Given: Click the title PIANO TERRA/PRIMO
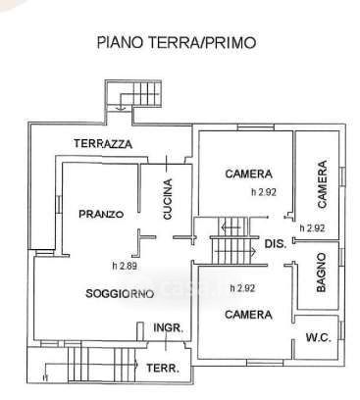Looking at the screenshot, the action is click(177, 42).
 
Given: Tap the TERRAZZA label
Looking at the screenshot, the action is click(103, 144).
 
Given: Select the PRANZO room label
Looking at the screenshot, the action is click(101, 214).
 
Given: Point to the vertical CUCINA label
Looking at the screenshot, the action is click(168, 199).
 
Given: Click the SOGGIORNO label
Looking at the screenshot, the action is click(120, 293).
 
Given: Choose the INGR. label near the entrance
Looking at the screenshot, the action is click(168, 327).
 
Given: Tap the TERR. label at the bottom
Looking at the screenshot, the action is click(163, 369).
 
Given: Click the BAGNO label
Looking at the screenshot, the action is click(322, 273).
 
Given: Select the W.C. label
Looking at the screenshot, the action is click(318, 337).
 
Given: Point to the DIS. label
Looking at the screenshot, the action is click(276, 243).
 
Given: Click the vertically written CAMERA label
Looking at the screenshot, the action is click(322, 184).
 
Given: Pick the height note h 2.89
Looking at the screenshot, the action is click(125, 266).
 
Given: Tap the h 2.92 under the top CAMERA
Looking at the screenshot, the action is click(264, 192).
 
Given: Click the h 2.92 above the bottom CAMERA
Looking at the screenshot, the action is click(242, 288).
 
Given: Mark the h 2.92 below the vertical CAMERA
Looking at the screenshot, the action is click(312, 227).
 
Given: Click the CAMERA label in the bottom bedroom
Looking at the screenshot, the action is click(248, 315).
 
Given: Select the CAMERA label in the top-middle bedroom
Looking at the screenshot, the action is click(248, 174).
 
